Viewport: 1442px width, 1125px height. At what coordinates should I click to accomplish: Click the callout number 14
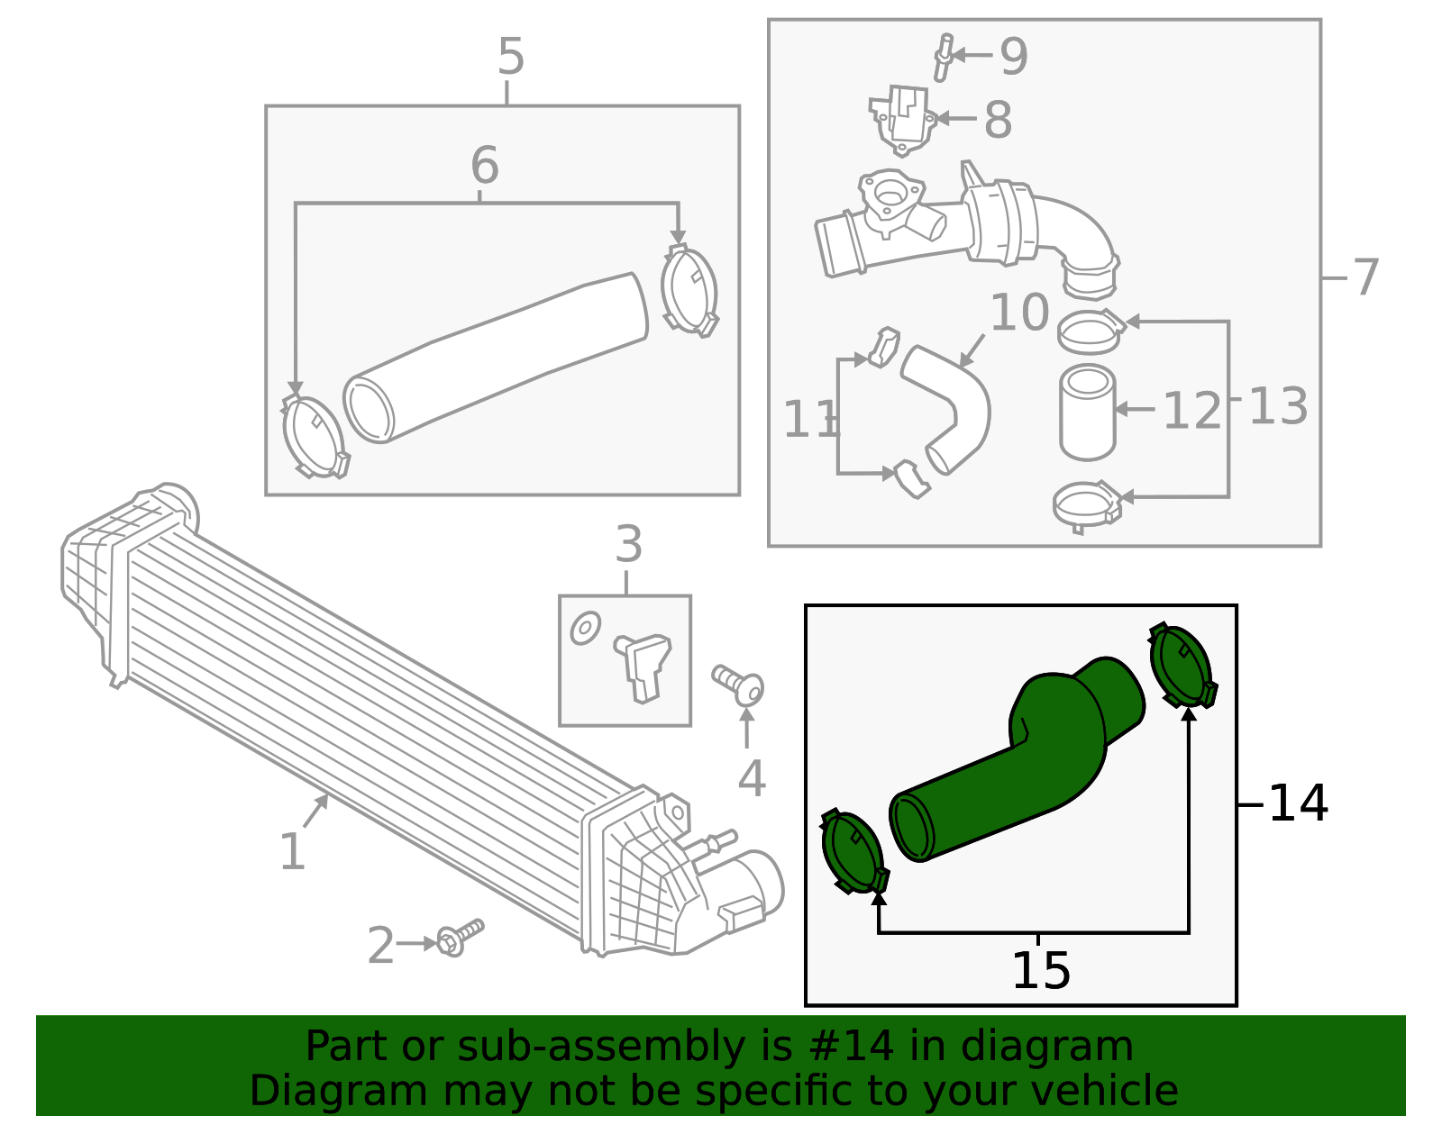[x=1297, y=804]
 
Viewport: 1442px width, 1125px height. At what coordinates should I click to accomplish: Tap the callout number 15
[x=1041, y=972]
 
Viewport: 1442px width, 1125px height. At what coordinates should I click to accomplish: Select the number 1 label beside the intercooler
[x=293, y=853]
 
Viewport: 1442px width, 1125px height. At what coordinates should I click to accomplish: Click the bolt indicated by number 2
[x=460, y=938]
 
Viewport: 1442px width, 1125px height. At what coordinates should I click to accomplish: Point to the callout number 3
[x=628, y=545]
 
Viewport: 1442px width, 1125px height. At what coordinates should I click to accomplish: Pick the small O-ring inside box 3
[x=585, y=628]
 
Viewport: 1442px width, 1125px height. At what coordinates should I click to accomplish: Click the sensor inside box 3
[x=643, y=667]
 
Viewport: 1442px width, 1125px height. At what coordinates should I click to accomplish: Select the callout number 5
[x=511, y=57]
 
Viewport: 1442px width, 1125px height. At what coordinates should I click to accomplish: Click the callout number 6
[x=485, y=165]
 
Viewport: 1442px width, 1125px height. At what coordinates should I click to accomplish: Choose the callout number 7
[x=1365, y=278]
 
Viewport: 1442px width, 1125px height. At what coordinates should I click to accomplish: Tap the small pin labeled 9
[x=943, y=57]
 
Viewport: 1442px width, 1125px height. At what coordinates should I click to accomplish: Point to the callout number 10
[x=1019, y=313]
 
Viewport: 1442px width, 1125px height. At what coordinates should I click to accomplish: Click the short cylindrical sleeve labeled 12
[x=1087, y=413]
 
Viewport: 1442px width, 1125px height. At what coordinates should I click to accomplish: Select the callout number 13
[x=1278, y=406]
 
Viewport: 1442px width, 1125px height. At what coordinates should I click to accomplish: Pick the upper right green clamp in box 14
[x=1183, y=667]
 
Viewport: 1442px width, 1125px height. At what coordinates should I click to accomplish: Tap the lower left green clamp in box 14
[x=854, y=852]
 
